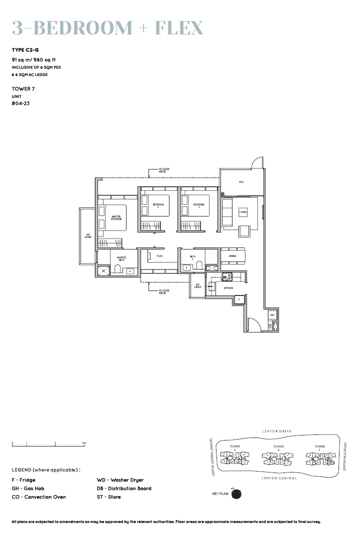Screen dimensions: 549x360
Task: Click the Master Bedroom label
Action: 116,218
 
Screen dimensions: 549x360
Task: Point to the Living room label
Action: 243,212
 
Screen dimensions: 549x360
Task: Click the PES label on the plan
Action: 240,182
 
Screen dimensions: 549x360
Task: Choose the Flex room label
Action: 159,256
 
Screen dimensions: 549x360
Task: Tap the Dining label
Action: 232,256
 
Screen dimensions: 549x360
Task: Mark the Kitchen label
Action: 228,288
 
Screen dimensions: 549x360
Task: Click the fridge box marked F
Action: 239,300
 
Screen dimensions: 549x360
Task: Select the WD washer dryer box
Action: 272,315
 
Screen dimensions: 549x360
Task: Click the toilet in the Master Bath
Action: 118,270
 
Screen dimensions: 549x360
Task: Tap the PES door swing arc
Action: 256,163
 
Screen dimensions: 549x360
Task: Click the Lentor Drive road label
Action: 276,431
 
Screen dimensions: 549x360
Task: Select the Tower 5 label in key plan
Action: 278,446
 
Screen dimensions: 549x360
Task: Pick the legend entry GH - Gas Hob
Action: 28,488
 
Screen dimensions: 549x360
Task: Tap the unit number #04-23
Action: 19,104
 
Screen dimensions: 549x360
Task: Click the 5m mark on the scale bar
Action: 84,443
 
